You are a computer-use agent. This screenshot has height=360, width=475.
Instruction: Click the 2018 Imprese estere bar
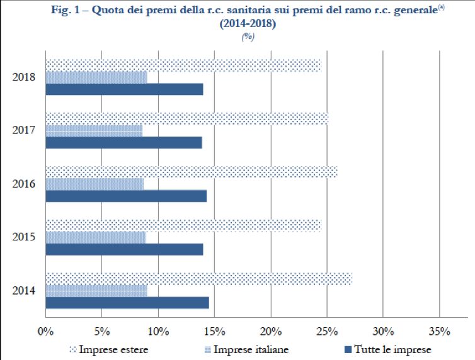point(183,65)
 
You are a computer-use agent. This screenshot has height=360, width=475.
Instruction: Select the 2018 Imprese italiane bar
point(96,77)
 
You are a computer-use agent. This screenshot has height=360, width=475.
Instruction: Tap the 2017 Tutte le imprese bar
point(123,143)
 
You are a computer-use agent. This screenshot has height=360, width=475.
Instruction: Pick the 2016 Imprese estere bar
point(191,172)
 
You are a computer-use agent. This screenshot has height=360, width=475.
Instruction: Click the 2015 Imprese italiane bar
point(95,237)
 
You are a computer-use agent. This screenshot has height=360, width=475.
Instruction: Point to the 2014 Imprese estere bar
point(198,279)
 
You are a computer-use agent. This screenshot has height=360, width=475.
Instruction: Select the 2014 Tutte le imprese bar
point(127,303)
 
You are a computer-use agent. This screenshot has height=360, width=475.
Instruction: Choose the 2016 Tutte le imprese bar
point(125,196)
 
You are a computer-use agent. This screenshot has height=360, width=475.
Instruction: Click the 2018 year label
point(23,77)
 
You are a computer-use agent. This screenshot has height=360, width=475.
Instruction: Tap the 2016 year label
point(23,184)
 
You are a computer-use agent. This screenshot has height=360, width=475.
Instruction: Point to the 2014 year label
point(23,291)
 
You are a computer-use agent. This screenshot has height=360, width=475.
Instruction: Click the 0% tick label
point(45,331)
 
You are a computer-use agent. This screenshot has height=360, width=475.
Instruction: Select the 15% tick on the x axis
point(214,331)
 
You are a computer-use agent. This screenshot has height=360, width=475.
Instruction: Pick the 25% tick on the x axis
point(327,331)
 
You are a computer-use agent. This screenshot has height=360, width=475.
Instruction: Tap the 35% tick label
point(439,331)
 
